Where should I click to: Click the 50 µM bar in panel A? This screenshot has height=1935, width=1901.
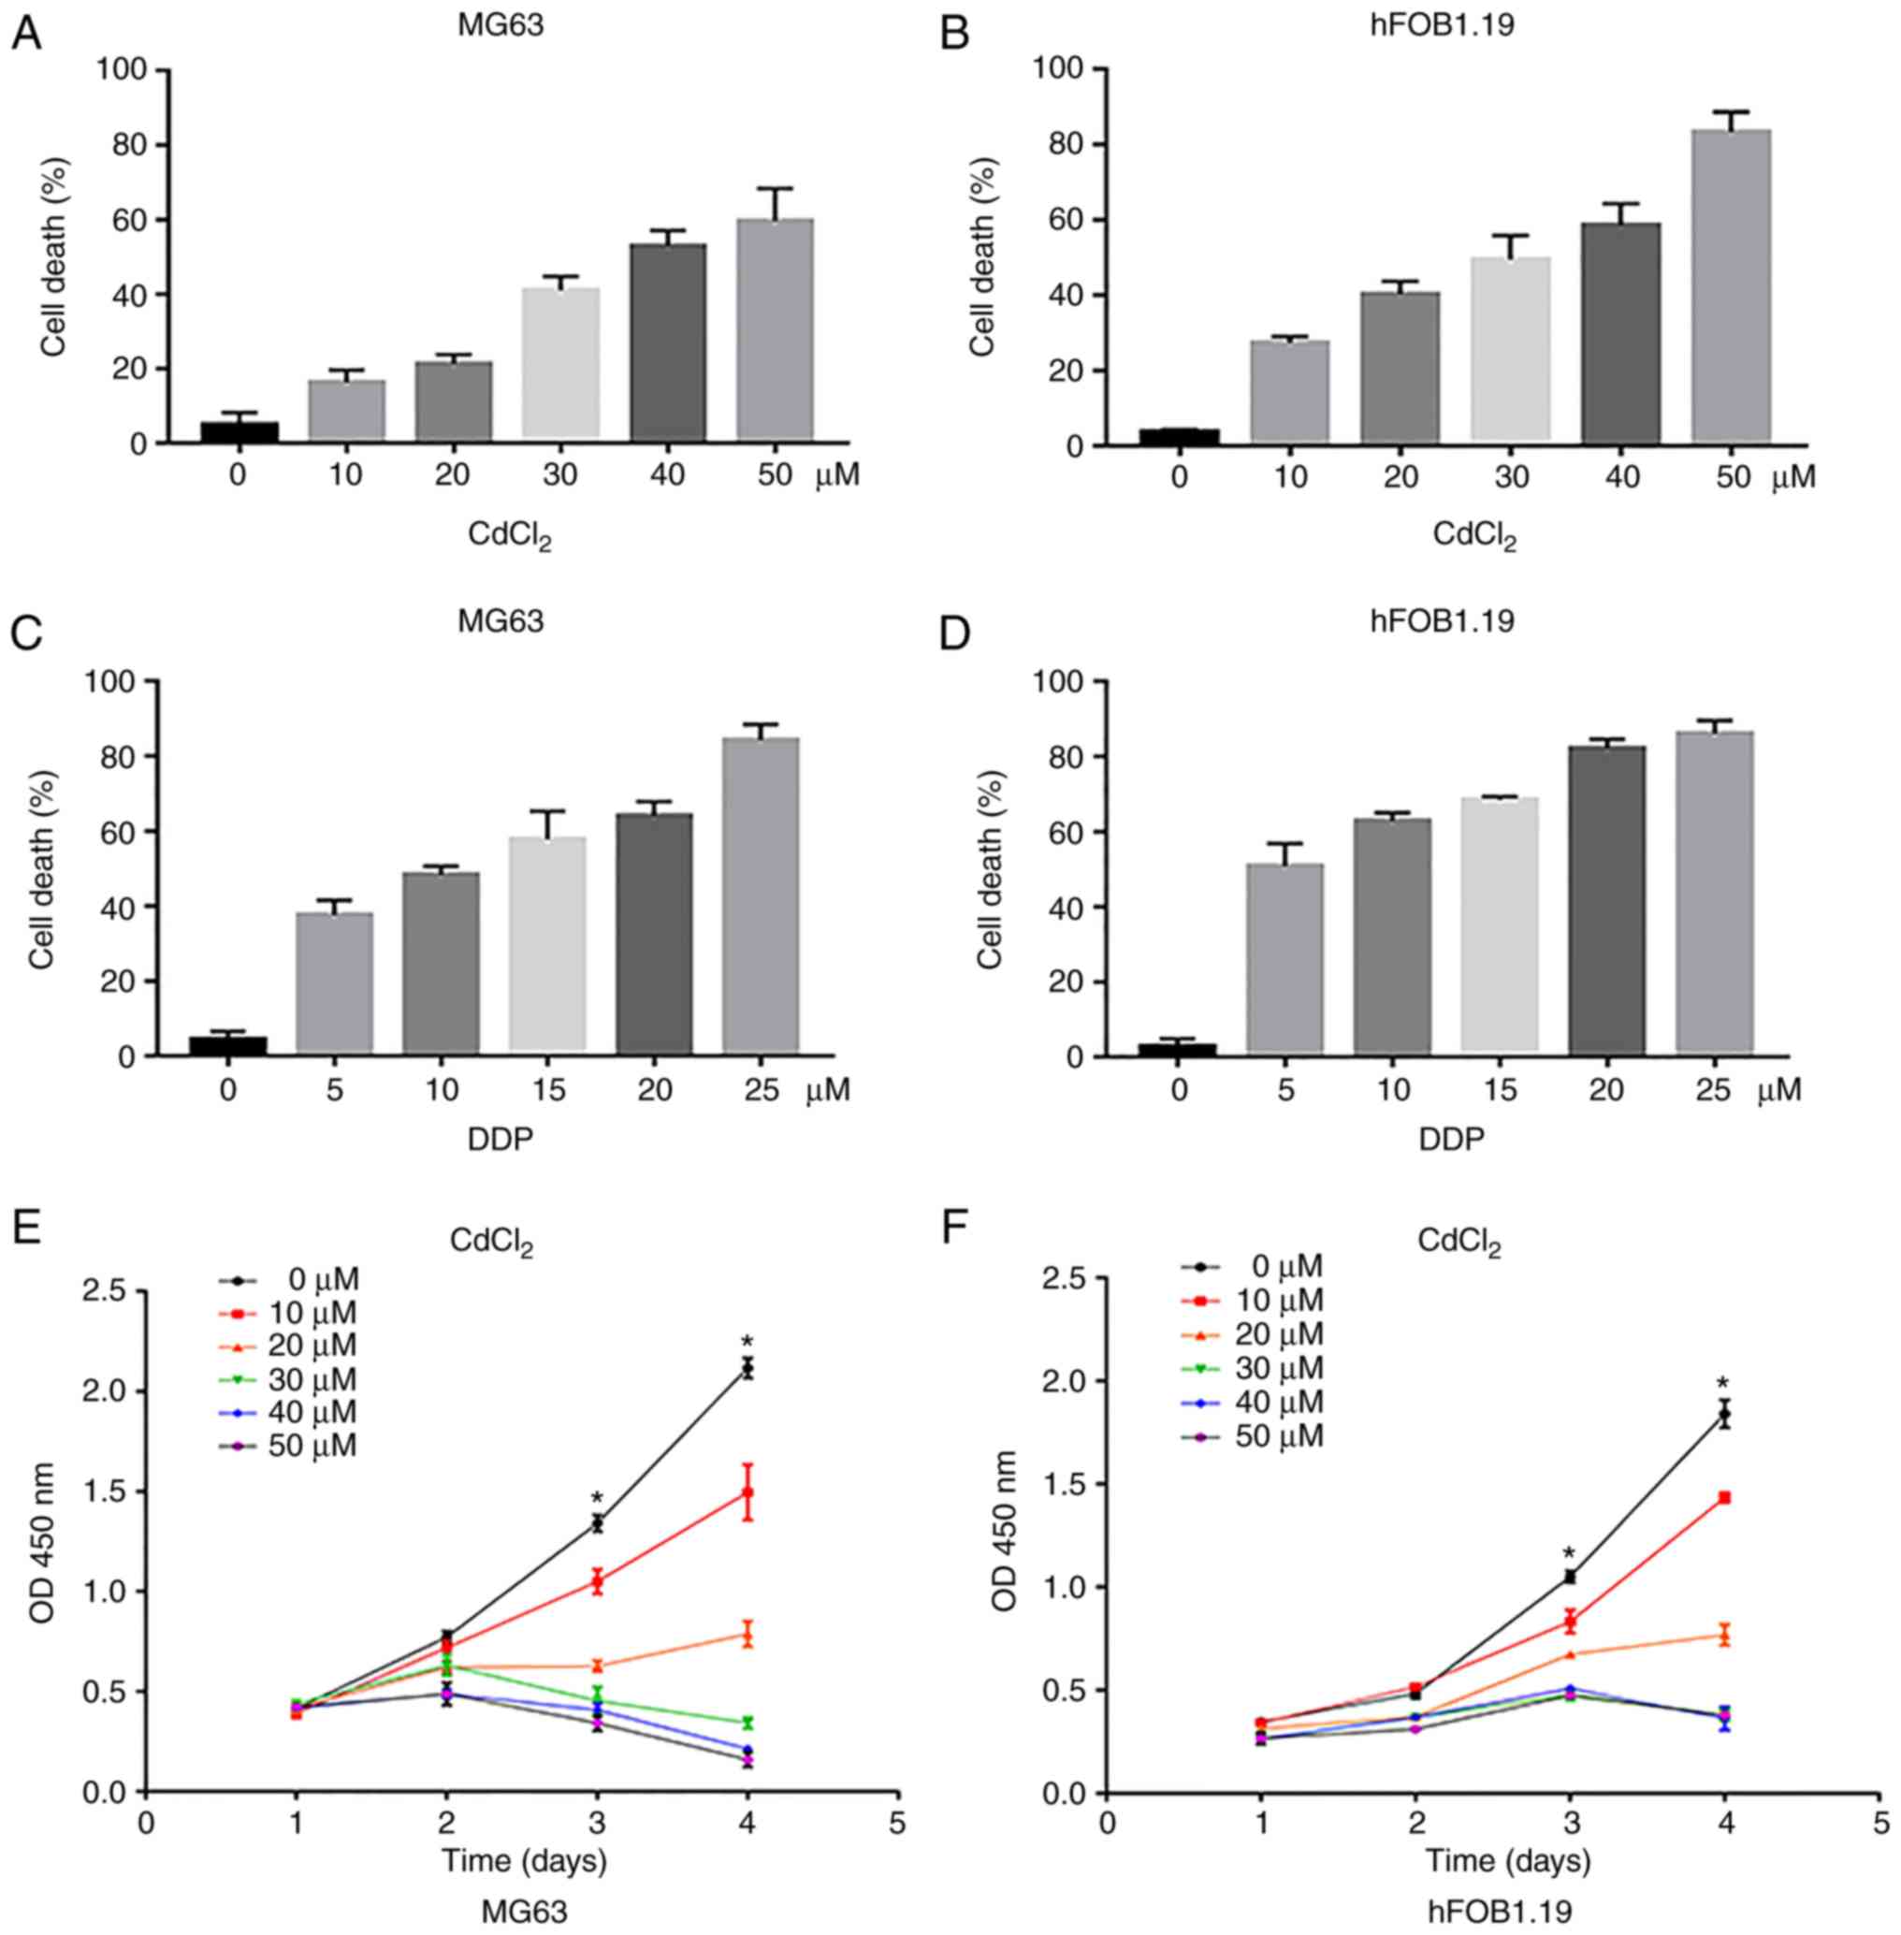pos(775,329)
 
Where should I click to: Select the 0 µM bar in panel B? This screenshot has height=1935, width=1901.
pos(1179,436)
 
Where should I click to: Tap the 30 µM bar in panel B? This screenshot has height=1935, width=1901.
pos(1513,349)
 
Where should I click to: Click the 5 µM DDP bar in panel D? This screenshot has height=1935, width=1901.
pos(1285,957)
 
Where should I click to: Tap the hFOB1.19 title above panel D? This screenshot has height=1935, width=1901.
pos(1451,621)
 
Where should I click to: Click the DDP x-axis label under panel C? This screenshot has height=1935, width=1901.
pos(500,1138)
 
